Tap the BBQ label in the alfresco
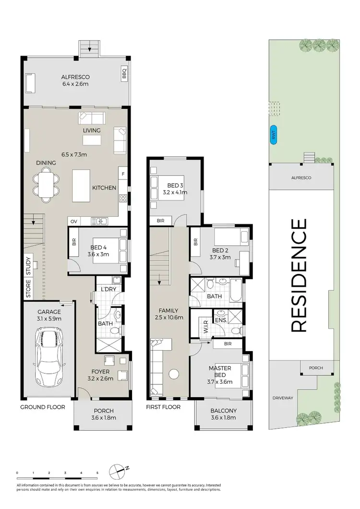124,74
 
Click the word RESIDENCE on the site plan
299,275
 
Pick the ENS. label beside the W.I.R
221,320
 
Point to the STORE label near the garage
28,289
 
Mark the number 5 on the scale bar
97,473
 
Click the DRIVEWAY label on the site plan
283,398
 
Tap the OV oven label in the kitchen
74,221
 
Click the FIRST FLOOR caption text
164,407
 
